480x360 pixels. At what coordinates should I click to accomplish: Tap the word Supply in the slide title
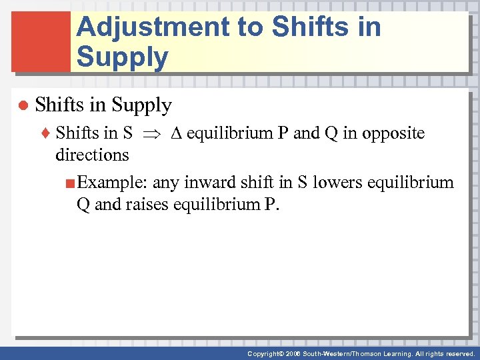coord(122,57)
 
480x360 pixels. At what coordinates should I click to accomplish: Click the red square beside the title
coord(41,41)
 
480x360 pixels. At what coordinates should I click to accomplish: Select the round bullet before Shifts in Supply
coord(22,106)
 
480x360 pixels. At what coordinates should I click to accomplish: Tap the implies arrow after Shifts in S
coord(152,134)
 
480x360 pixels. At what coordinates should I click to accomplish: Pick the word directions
coord(92,155)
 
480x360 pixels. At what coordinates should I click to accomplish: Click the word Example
coord(112,183)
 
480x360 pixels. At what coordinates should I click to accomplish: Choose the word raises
coord(145,204)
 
